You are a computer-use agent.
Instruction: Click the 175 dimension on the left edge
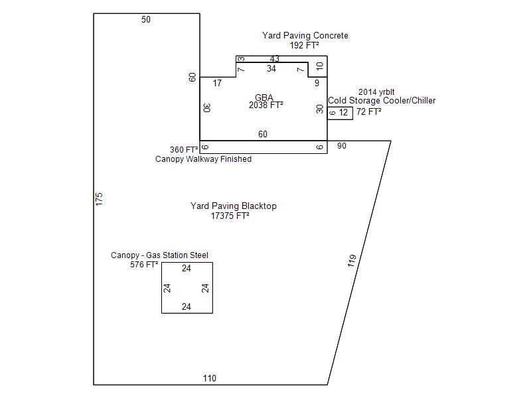pyautogui.click(x=99, y=199)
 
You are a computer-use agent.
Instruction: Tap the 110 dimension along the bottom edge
pyautogui.click(x=210, y=378)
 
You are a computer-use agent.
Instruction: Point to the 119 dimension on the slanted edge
pyautogui.click(x=352, y=261)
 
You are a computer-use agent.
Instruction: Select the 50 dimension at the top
pyautogui.click(x=146, y=19)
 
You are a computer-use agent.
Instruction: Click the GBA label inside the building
pyautogui.click(x=264, y=98)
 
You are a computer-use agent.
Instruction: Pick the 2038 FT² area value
pyautogui.click(x=266, y=105)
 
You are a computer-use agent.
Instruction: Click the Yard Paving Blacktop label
pyautogui.click(x=234, y=206)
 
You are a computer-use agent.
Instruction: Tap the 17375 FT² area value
pyautogui.click(x=230, y=216)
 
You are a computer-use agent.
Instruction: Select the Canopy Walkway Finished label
pyautogui.click(x=203, y=159)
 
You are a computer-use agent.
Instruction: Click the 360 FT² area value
pyautogui.click(x=184, y=150)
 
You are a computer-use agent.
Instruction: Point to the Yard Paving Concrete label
pyautogui.click(x=305, y=36)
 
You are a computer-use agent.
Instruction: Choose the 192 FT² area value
pyautogui.click(x=304, y=45)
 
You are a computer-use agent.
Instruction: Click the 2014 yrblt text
pyautogui.click(x=376, y=92)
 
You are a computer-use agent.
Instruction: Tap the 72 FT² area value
pyautogui.click(x=369, y=111)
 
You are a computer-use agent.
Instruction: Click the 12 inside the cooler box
pyautogui.click(x=343, y=112)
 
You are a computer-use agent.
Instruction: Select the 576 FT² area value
pyautogui.click(x=144, y=264)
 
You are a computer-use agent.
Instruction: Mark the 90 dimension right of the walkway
pyautogui.click(x=342, y=146)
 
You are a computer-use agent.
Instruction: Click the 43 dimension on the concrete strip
pyautogui.click(x=274, y=58)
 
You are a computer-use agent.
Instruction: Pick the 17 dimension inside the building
pyautogui.click(x=217, y=83)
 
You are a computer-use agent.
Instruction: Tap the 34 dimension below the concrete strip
pyautogui.click(x=271, y=69)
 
